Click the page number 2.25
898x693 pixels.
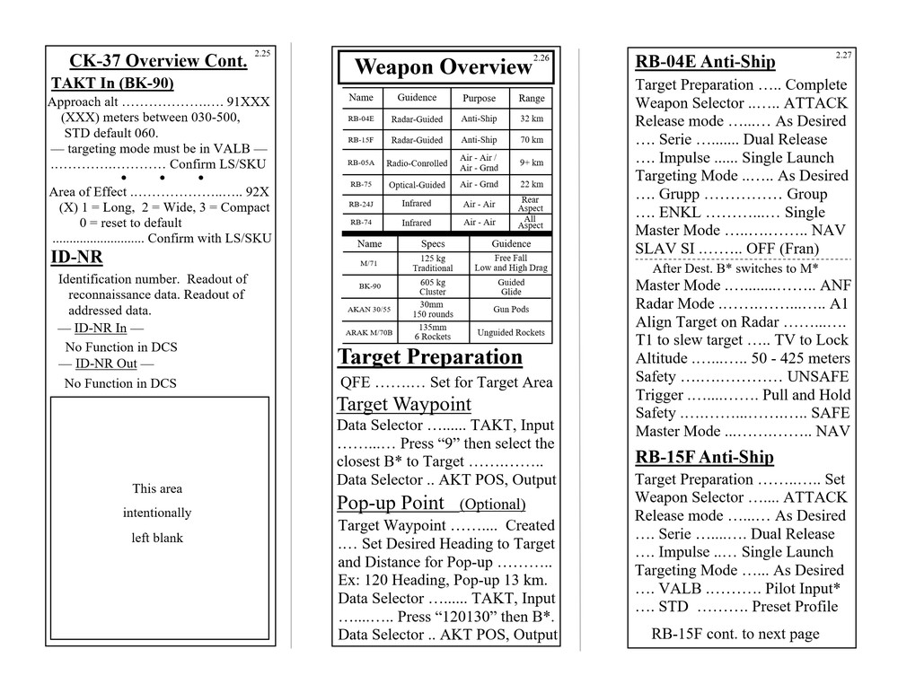pyautogui.click(x=262, y=54)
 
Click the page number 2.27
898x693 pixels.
pyautogui.click(x=843, y=56)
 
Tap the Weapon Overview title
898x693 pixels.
pyautogui.click(x=443, y=67)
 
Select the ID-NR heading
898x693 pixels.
pyautogui.click(x=76, y=259)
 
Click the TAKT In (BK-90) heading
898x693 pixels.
pyautogui.click(x=112, y=83)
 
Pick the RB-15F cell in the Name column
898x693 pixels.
pyautogui.click(x=361, y=140)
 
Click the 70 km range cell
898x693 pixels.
pyautogui.click(x=531, y=140)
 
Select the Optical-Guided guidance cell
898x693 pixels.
pyautogui.click(x=417, y=185)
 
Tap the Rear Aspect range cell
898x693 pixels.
pyautogui.click(x=531, y=205)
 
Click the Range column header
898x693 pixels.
pyautogui.click(x=531, y=99)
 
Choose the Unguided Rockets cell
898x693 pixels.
pyautogui.click(x=511, y=333)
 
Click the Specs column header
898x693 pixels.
pyautogui.click(x=433, y=244)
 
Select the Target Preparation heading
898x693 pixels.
pyautogui.click(x=429, y=357)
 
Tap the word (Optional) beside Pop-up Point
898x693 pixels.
pyautogui.click(x=492, y=504)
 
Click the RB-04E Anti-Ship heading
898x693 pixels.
pyautogui.click(x=705, y=62)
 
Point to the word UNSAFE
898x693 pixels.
pyautogui.click(x=817, y=377)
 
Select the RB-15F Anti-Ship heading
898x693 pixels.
pyautogui.click(x=704, y=457)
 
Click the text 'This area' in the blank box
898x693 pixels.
pyautogui.click(x=157, y=489)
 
